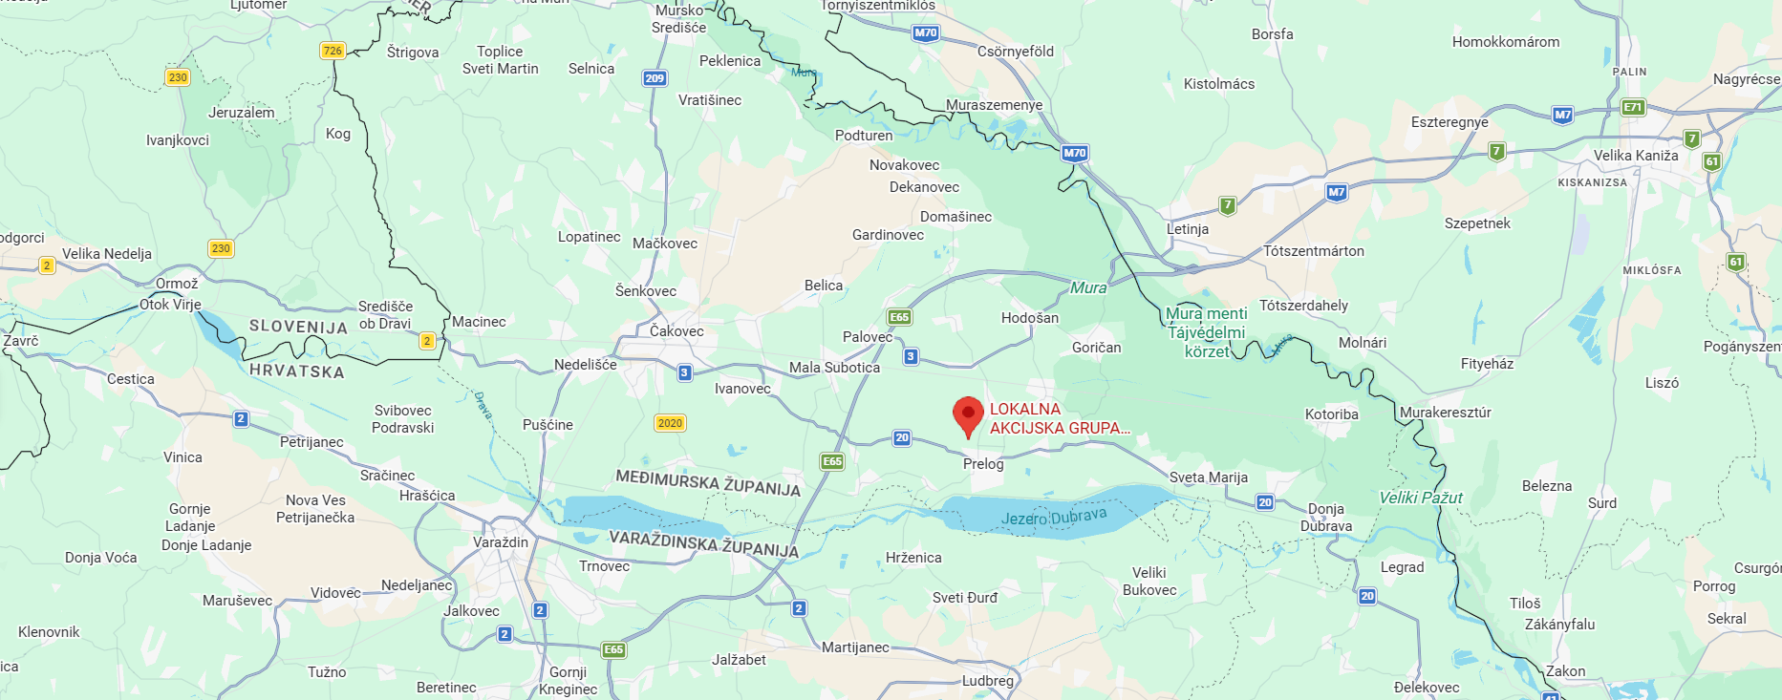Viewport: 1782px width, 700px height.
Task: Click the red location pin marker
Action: pos(968,415)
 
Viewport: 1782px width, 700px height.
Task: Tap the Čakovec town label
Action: pos(676,331)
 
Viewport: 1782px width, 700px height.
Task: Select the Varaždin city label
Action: pos(501,542)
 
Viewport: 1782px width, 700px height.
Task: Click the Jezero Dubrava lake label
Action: pos(1054,517)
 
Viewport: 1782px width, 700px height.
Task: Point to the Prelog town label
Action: pos(983,464)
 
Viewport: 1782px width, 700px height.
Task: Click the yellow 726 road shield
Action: pos(333,51)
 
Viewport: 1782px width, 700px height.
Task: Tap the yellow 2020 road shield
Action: pos(670,423)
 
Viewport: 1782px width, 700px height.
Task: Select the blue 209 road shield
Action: pos(655,78)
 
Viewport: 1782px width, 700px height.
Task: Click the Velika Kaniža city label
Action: pos(1636,156)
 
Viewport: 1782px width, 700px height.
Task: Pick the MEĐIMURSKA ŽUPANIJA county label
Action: pos(708,482)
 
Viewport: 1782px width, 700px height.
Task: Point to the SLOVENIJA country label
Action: pos(298,327)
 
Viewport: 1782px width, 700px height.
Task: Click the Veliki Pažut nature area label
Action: pos(1421,498)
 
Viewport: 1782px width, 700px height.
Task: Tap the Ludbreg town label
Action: pos(988,681)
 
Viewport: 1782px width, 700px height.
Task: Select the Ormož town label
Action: pos(177,284)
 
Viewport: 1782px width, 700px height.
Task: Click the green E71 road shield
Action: pos(1633,107)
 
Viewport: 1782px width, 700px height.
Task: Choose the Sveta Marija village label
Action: pos(1209,477)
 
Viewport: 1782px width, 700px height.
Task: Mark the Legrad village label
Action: pos(1402,567)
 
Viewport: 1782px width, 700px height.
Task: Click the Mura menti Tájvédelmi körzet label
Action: pos(1207,332)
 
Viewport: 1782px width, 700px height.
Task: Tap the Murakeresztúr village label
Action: pos(1446,413)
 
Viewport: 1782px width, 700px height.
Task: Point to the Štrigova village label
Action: pos(413,53)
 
